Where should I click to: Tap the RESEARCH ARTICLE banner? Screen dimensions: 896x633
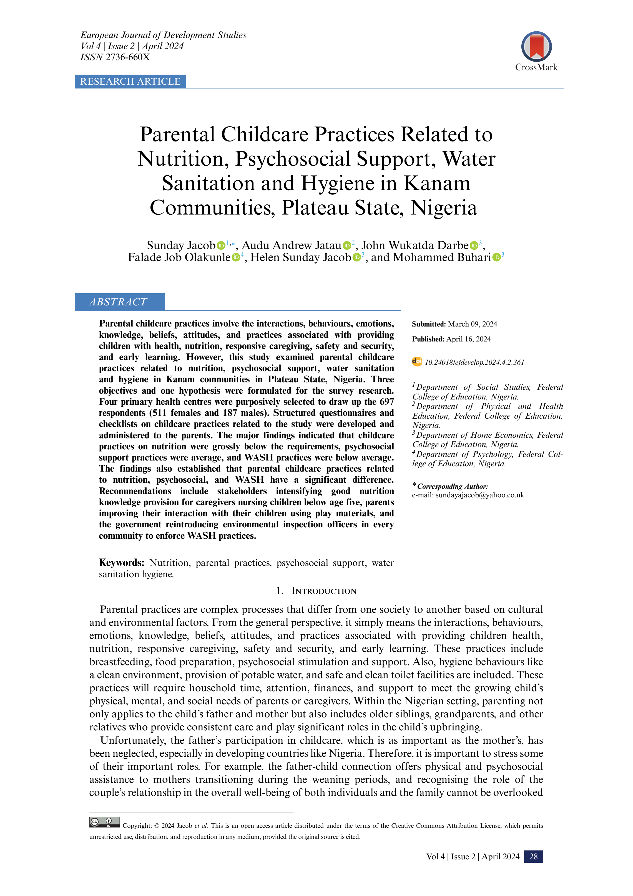(130, 82)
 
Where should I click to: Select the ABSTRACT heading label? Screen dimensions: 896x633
(118, 302)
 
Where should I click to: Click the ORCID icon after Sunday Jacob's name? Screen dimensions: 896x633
(221, 245)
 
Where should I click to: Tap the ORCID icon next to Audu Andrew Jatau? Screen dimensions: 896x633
(346, 245)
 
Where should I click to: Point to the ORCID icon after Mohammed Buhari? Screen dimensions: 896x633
(496, 257)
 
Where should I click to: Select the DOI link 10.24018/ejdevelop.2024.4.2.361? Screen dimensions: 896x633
(474, 363)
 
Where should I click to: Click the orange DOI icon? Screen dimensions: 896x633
(417, 362)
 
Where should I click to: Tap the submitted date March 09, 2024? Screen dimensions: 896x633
(472, 324)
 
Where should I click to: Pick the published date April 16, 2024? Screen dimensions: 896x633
(468, 339)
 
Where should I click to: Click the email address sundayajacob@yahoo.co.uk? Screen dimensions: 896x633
(479, 495)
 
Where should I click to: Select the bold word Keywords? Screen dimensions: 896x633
(121, 563)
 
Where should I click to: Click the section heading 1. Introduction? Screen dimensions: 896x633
(316, 591)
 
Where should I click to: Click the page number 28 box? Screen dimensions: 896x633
(533, 857)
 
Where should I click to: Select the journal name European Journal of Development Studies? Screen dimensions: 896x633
(163, 35)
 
